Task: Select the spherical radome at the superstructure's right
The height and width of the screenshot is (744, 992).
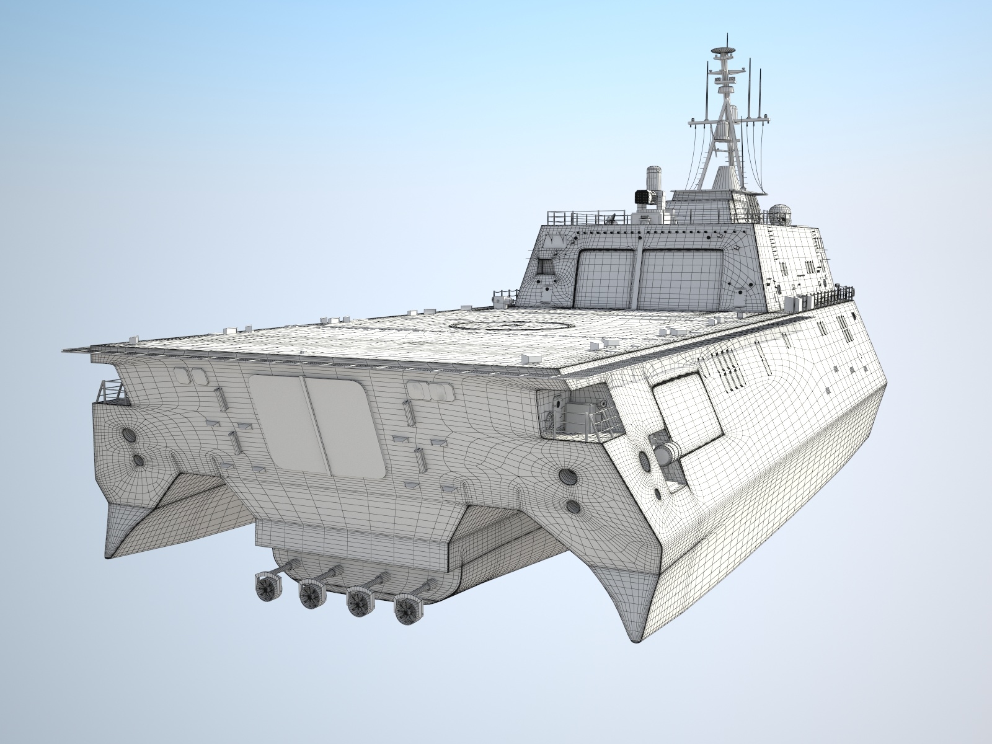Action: tap(780, 214)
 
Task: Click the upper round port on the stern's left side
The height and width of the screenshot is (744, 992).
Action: tap(130, 435)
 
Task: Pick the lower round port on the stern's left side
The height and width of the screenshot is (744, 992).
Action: tap(138, 460)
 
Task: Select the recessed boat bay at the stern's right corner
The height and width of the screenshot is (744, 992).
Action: tap(577, 412)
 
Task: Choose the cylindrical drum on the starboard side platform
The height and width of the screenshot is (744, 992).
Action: tap(667, 455)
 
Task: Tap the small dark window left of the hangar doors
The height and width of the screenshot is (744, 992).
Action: tap(546, 267)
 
